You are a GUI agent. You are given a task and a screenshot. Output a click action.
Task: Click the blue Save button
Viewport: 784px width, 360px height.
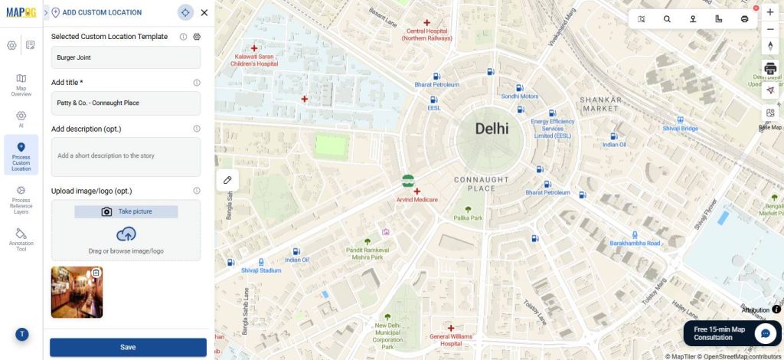click(128, 347)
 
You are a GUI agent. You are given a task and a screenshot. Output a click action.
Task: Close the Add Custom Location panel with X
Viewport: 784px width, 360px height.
click(204, 12)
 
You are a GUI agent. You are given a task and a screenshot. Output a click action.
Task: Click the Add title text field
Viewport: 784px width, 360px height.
click(126, 103)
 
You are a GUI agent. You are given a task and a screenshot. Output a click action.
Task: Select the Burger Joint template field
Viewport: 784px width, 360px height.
click(126, 57)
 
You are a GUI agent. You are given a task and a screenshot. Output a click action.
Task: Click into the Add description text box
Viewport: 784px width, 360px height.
click(126, 156)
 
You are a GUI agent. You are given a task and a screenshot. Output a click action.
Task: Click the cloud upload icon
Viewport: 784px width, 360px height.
click(126, 234)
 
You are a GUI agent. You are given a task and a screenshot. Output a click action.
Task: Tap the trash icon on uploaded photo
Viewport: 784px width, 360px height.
click(96, 273)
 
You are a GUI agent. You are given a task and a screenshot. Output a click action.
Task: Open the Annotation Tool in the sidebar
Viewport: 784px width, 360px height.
click(21, 239)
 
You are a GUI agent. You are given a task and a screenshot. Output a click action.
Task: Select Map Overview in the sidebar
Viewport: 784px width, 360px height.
click(21, 84)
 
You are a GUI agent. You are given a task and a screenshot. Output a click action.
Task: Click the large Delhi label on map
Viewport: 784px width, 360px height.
click(492, 129)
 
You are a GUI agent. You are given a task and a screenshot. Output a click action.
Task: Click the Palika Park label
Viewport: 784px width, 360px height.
click(468, 218)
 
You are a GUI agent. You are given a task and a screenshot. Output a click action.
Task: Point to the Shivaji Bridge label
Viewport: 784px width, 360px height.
click(680, 129)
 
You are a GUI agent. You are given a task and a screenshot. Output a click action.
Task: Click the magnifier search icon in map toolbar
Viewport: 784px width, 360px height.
click(667, 19)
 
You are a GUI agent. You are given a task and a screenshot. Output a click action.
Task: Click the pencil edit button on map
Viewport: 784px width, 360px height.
click(227, 179)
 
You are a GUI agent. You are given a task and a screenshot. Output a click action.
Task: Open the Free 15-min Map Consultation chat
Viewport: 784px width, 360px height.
click(764, 333)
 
